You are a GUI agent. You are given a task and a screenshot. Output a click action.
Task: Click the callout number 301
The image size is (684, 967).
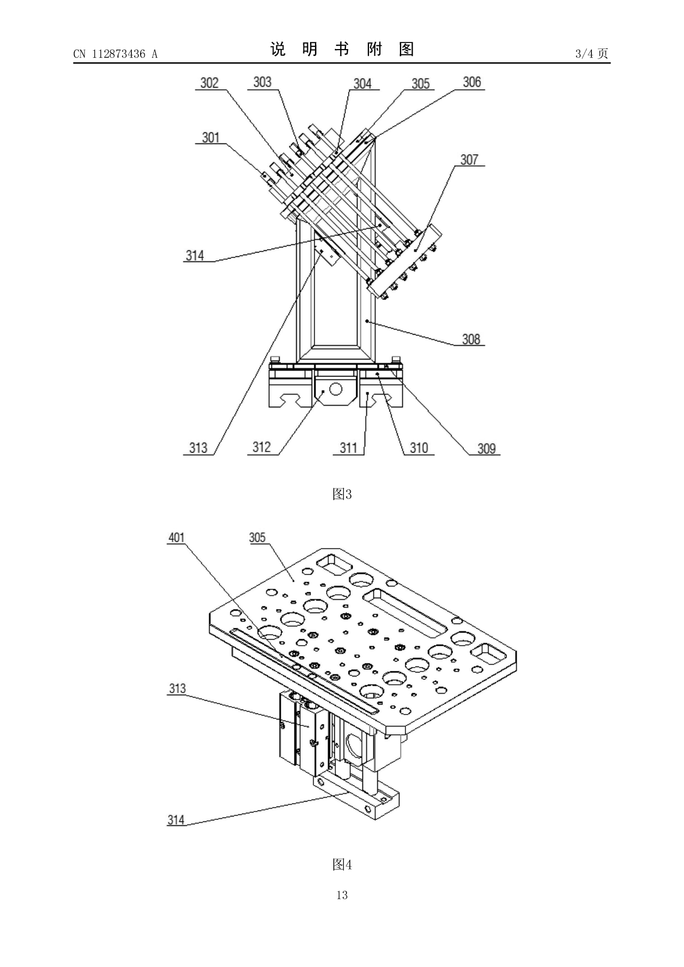click(210, 137)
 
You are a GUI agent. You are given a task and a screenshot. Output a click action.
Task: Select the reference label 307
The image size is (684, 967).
click(469, 160)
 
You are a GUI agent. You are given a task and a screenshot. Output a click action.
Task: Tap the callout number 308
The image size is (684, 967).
click(471, 339)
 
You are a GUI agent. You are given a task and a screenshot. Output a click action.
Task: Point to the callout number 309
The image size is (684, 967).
click(487, 449)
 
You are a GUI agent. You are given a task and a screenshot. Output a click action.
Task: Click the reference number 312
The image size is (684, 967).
click(262, 447)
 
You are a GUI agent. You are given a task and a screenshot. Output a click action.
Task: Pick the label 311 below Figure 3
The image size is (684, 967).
click(348, 448)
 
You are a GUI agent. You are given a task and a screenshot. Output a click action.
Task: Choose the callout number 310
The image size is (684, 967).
click(419, 448)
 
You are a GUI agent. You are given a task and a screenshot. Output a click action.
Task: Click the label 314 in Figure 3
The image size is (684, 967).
click(195, 255)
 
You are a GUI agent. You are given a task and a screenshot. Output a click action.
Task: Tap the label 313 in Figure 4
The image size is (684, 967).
click(177, 689)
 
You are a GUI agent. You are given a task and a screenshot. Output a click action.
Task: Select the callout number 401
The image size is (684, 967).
click(177, 538)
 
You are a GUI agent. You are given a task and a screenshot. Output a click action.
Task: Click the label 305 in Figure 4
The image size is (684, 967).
click(257, 538)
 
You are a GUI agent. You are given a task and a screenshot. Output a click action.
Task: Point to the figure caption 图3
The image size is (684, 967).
click(342, 494)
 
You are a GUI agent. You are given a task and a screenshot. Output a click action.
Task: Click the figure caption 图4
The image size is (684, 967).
click(342, 864)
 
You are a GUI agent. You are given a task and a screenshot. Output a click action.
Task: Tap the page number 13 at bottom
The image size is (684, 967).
click(342, 895)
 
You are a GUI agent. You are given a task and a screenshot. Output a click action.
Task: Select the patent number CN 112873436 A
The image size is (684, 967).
click(115, 54)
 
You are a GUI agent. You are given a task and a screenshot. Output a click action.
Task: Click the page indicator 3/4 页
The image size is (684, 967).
click(591, 53)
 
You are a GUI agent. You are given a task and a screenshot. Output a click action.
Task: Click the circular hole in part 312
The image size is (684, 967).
click(335, 389)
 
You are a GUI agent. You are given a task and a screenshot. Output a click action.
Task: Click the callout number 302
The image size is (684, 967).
click(209, 83)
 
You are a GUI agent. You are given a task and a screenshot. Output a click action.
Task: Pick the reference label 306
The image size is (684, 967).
click(472, 82)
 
